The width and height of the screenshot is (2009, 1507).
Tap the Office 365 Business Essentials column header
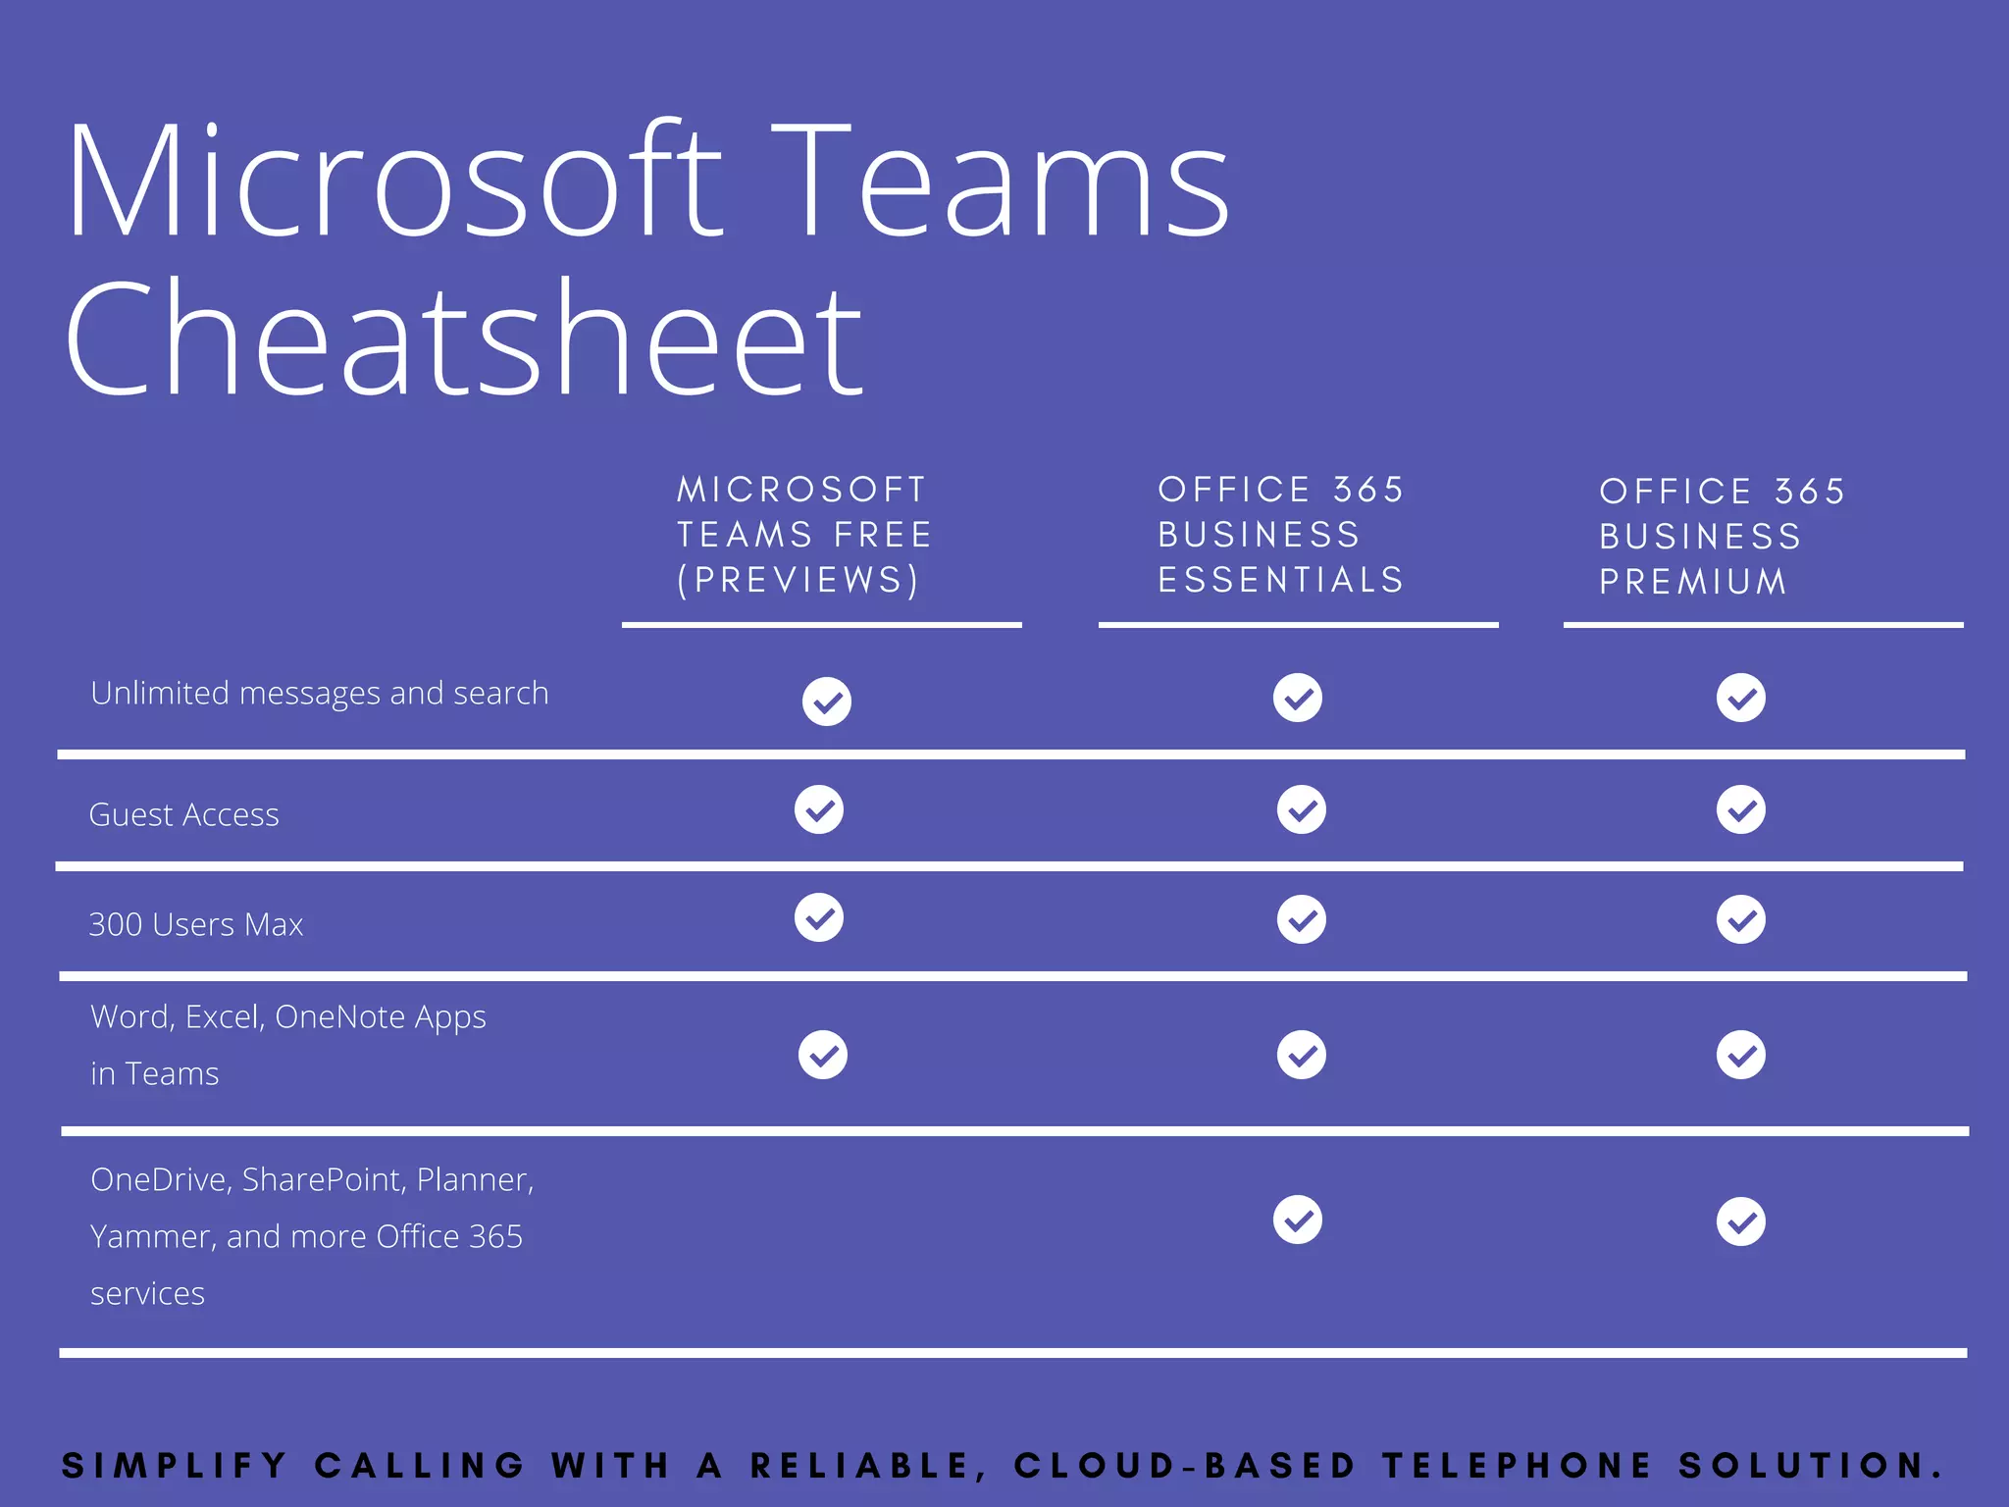pyautogui.click(x=1281, y=535)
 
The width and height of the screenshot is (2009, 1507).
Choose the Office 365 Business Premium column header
pyautogui.click(x=1723, y=537)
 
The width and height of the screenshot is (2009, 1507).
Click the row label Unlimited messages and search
pyautogui.click(x=320, y=694)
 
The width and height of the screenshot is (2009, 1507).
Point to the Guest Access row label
pyautogui.click(x=184, y=815)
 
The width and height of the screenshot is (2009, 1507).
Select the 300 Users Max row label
pyautogui.click(x=196, y=925)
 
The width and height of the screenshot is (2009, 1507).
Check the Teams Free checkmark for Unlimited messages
pyautogui.click(x=827, y=702)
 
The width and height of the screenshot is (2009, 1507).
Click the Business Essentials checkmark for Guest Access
pyautogui.click(x=1302, y=810)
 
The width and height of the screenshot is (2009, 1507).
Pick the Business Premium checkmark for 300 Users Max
pyautogui.click(x=1741, y=920)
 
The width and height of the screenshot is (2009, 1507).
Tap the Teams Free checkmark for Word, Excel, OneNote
pyautogui.click(x=823, y=1056)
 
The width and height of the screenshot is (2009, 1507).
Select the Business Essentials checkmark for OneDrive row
pyautogui.click(x=1298, y=1221)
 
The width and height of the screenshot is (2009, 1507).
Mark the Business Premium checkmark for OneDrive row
pyautogui.click(x=1741, y=1222)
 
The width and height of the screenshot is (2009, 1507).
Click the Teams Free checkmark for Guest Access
pyautogui.click(x=819, y=810)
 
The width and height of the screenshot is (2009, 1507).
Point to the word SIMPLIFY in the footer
pyautogui.click(x=175, y=1466)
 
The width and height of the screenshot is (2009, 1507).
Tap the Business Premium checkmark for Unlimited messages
pyautogui.click(x=1741, y=699)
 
